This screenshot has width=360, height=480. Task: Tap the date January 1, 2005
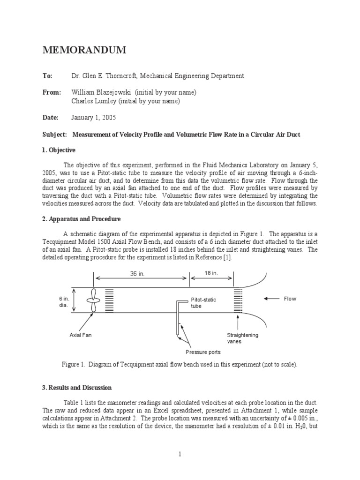click(x=94, y=118)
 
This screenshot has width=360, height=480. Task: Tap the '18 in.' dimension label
click(x=211, y=273)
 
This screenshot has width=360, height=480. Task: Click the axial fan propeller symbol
click(x=94, y=300)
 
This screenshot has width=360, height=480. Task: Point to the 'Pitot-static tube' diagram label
click(x=203, y=303)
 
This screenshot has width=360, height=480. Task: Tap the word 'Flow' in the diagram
click(x=290, y=299)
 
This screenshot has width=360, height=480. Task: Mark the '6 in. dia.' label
click(x=64, y=302)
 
